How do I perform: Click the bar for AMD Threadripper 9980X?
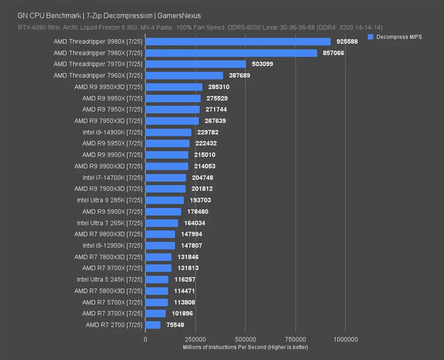[238, 42]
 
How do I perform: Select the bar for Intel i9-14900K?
[168, 132]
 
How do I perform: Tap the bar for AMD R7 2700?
[153, 325]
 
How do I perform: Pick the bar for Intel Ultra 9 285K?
[165, 200]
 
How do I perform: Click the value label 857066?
[334, 53]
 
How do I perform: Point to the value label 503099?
[262, 64]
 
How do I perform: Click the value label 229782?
[208, 132]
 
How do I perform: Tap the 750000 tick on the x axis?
[295, 339]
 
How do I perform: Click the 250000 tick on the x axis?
[195, 339]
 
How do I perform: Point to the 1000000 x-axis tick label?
[346, 339]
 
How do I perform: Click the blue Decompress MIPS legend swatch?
[370, 37]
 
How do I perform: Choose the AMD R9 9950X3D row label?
[108, 87]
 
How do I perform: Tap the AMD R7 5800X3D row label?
[108, 291]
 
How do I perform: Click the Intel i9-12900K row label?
[113, 246]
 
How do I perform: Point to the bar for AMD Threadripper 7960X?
[184, 76]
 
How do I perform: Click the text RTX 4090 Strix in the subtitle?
[38, 28]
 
